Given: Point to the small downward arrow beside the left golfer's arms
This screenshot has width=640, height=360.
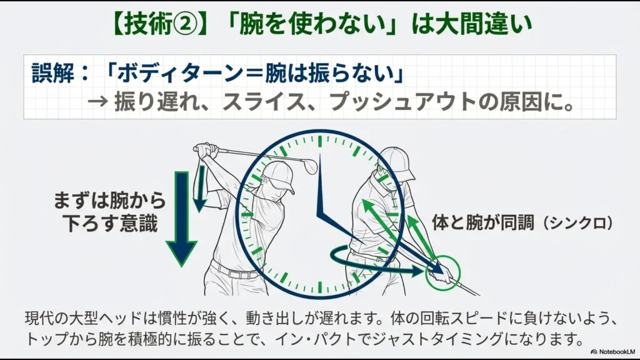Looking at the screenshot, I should (201, 188).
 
